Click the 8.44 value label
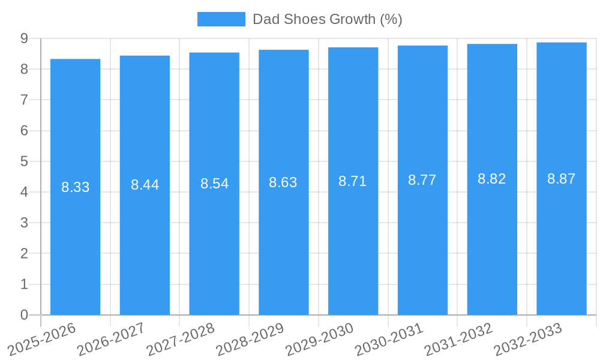[x=145, y=185]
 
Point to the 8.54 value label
[x=214, y=184]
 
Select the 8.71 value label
[x=353, y=181]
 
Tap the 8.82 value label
[x=492, y=179]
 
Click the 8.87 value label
[x=562, y=179]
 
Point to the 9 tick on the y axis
[x=24, y=38]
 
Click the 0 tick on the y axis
[x=24, y=315]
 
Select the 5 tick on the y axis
[x=24, y=161]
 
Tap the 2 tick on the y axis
[x=24, y=254]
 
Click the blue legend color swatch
[x=221, y=19]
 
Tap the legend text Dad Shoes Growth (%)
[x=327, y=19]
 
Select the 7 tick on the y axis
[x=24, y=100]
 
